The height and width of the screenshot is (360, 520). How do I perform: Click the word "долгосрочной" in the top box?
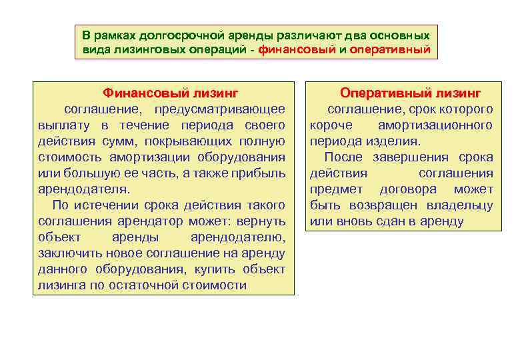[169, 34]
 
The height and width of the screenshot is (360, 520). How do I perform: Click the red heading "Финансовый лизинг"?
[170, 93]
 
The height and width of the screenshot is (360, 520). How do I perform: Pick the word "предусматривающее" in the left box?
[220, 109]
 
